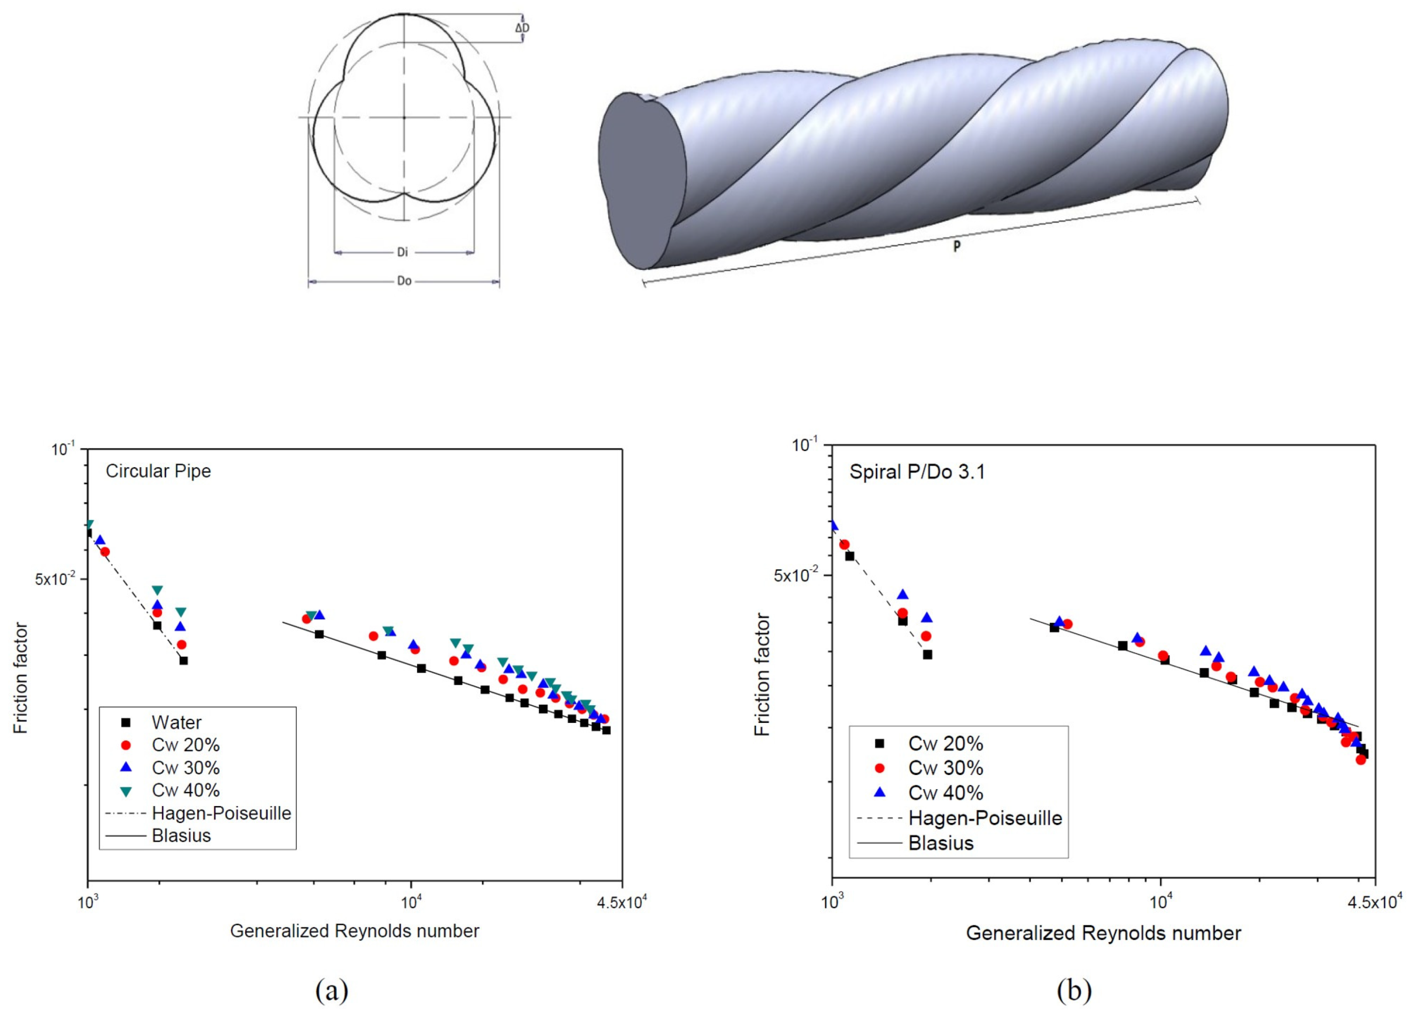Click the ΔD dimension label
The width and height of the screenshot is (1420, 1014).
click(522, 28)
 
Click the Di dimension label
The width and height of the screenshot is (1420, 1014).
click(403, 252)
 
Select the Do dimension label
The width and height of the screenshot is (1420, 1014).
click(404, 281)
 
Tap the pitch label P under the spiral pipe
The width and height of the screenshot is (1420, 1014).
click(956, 246)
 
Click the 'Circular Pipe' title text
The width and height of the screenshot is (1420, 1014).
click(158, 471)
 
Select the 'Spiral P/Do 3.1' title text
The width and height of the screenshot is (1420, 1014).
click(917, 472)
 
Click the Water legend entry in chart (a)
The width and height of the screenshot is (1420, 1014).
click(176, 722)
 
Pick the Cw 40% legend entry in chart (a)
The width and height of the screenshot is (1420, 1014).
click(185, 791)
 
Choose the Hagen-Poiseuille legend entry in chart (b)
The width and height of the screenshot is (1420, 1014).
click(984, 818)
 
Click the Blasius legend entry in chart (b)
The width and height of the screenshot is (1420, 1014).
click(941, 843)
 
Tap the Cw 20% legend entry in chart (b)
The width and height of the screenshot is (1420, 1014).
click(945, 743)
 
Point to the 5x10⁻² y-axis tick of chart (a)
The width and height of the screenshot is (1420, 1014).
click(55, 579)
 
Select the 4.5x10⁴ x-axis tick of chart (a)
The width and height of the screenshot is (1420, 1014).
click(622, 903)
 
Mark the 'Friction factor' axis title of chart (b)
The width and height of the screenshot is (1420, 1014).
click(763, 674)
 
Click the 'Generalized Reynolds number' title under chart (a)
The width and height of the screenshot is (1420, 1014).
click(354, 931)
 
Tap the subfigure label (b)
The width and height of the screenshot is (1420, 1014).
click(1074, 990)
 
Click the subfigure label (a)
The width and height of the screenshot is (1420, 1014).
click(332, 990)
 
